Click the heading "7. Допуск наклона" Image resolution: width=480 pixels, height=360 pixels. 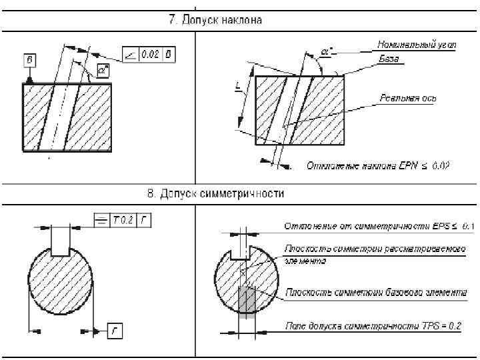214,20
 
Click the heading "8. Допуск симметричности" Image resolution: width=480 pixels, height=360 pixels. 215,194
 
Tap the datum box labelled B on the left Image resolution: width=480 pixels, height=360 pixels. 29,61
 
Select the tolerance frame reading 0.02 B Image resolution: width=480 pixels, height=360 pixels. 149,54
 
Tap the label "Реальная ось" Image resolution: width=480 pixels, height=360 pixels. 408,99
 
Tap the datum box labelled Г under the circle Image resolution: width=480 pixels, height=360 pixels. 113,329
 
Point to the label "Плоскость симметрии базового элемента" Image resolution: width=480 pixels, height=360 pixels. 376,292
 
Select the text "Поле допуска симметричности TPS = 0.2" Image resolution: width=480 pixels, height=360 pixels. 373,327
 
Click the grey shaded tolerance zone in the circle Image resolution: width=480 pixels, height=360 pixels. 247,299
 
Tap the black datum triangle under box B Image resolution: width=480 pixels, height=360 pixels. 29,79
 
